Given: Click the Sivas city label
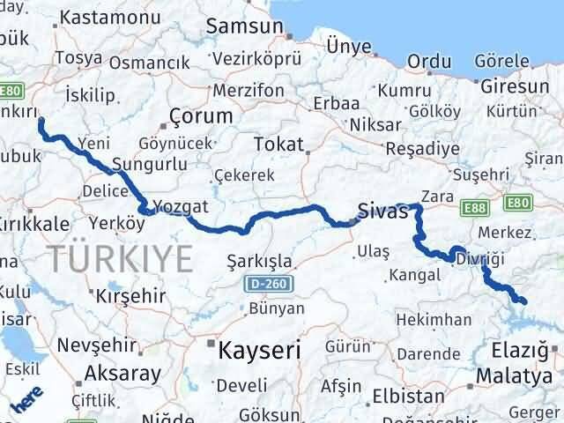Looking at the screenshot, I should point(384,211).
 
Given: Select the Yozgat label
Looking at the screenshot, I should point(180,206).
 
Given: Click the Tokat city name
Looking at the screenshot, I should point(278,145).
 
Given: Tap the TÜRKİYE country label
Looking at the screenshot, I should point(121,259).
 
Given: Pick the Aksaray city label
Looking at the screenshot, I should point(122,374).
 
